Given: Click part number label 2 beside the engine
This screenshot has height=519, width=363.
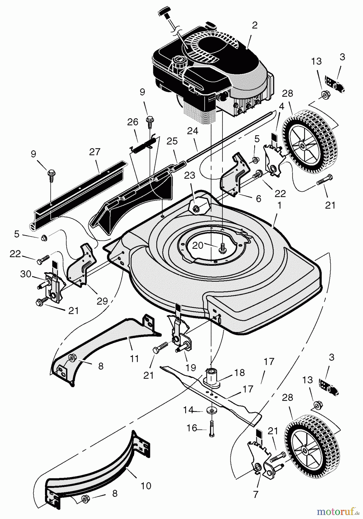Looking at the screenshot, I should click(x=254, y=25).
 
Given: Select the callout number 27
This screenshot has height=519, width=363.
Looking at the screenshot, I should click(x=94, y=152).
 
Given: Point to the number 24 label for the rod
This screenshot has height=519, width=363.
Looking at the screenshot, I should click(x=192, y=131).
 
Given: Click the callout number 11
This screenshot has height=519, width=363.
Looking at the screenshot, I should click(x=134, y=358).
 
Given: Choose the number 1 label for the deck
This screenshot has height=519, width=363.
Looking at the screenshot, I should click(x=279, y=206).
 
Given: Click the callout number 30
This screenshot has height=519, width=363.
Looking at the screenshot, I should click(x=25, y=274).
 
